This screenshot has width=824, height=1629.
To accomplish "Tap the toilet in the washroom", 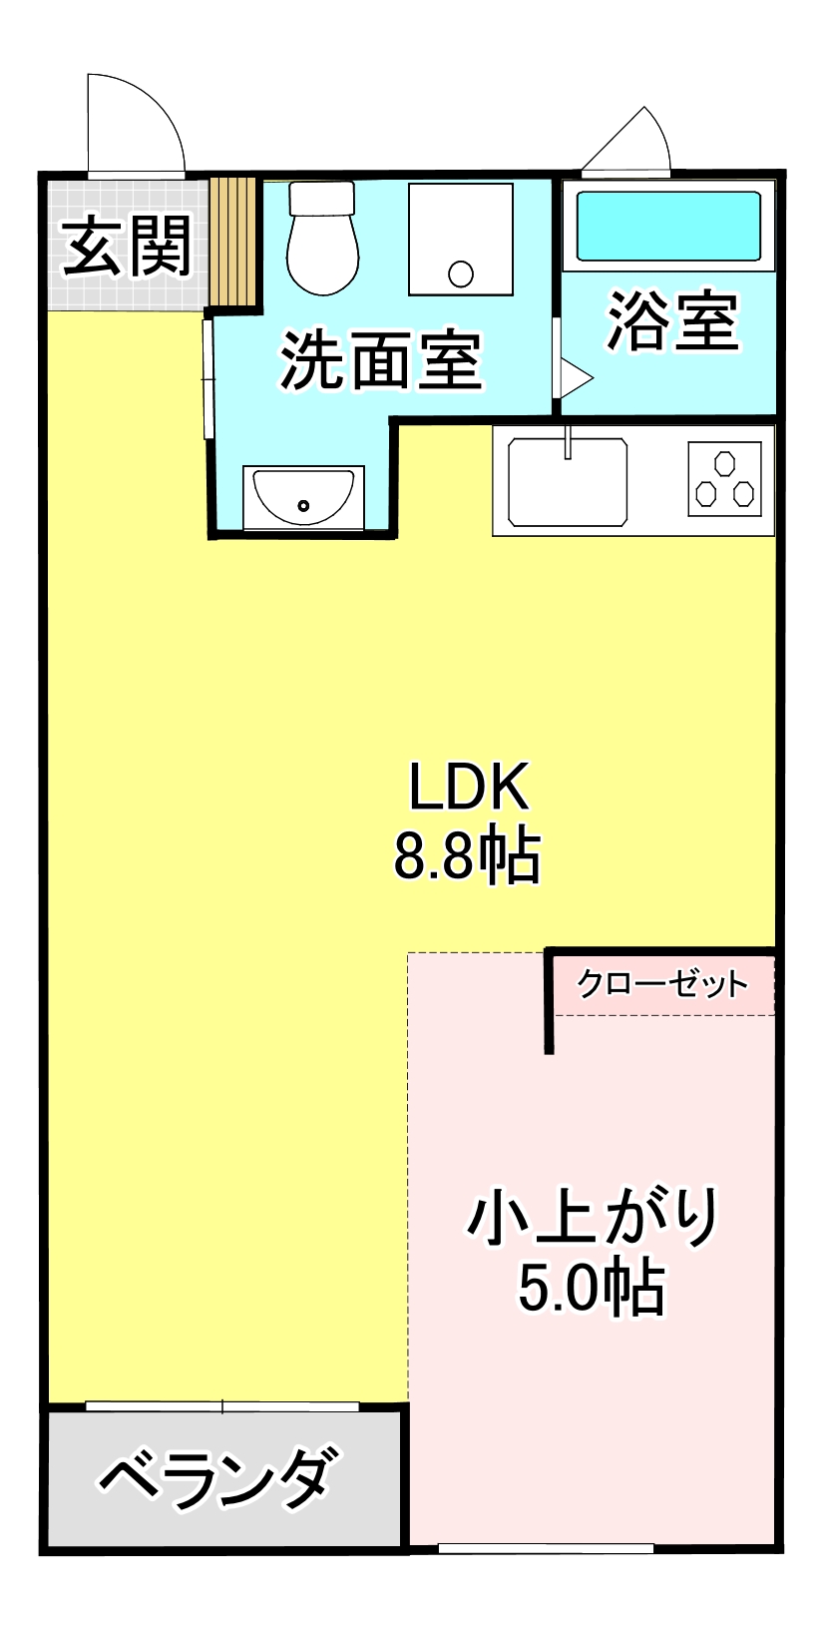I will [322, 239].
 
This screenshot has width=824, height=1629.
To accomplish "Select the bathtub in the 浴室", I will [668, 226].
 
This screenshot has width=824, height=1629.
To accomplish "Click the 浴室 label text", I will [673, 321].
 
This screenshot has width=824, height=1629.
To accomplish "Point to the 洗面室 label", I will [382, 360].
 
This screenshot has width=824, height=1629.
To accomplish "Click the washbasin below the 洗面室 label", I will [303, 496].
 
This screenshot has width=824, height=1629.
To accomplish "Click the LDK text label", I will [468, 787].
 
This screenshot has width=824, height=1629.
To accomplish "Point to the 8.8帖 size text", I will [468, 855].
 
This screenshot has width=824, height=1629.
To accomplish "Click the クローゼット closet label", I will [662, 984].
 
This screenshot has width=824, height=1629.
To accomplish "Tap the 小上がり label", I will [595, 1216].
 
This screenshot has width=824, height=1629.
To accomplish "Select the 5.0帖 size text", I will [591, 1288].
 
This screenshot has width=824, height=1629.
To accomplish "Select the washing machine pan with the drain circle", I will [460, 240].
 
